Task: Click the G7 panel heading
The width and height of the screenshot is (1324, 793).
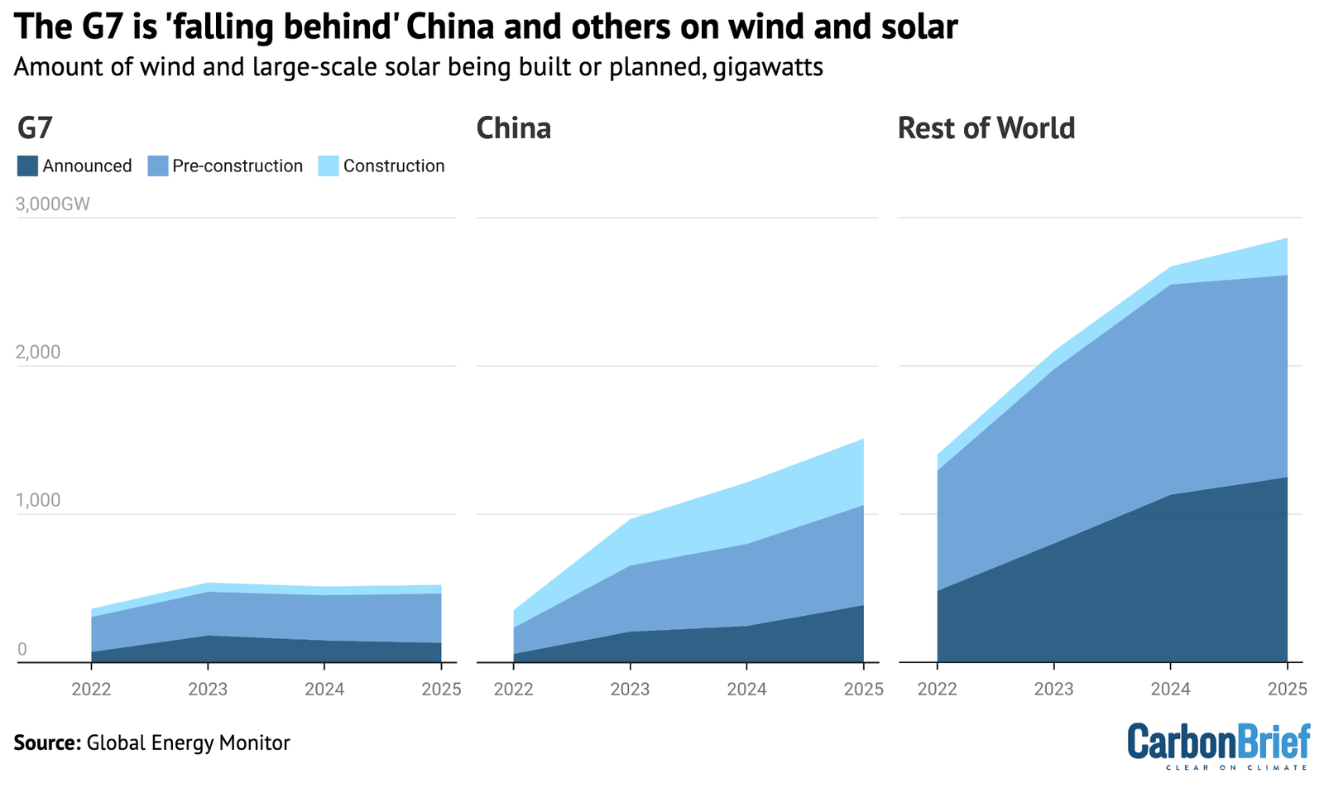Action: (x=35, y=128)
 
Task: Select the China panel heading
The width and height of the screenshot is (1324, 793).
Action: (x=514, y=128)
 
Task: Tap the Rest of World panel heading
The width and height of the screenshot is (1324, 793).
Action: (x=986, y=128)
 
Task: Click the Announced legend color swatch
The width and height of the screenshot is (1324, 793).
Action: (x=27, y=166)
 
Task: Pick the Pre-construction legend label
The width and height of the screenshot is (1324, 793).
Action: (x=237, y=166)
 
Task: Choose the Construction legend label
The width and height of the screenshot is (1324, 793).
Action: (x=394, y=166)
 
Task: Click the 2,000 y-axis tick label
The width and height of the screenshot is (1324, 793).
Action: (x=39, y=353)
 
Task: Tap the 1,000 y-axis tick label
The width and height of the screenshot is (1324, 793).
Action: (x=39, y=501)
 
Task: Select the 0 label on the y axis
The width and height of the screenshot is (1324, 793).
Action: (x=22, y=649)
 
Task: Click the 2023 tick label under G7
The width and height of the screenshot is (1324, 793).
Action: (x=208, y=689)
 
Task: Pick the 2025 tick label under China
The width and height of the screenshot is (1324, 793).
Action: (x=863, y=689)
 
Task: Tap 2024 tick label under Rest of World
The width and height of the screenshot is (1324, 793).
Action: (x=1170, y=689)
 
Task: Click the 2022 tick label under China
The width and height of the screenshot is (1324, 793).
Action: (x=514, y=689)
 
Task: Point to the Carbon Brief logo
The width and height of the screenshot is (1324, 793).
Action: (x=1219, y=744)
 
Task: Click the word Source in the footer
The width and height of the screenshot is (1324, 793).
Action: (x=46, y=743)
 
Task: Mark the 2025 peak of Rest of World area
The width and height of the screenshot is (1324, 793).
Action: (x=1287, y=239)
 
